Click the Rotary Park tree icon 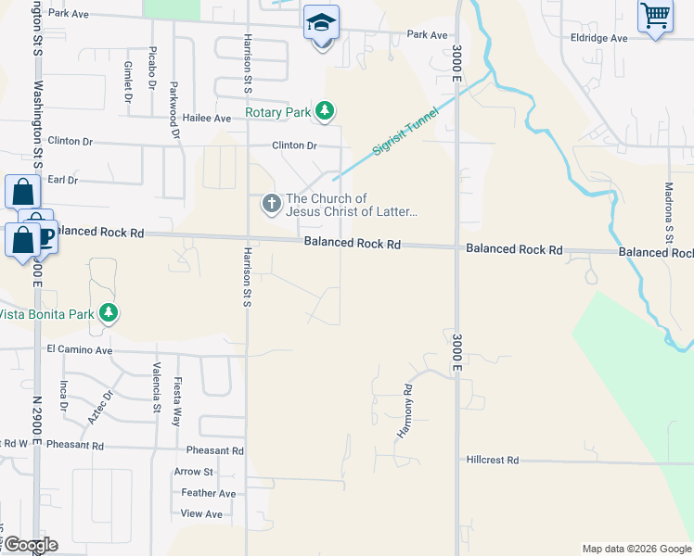(324, 112)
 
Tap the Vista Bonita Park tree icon (109, 313)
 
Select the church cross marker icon (271, 204)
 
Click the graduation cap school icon (322, 21)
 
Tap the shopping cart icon (655, 15)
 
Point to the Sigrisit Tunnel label (405, 134)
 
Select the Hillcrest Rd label (492, 460)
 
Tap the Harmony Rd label (405, 411)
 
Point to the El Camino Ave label (79, 351)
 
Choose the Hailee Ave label (207, 119)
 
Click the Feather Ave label (209, 493)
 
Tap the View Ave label (201, 513)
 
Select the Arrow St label (193, 472)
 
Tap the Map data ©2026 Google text (636, 549)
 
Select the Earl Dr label (62, 179)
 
